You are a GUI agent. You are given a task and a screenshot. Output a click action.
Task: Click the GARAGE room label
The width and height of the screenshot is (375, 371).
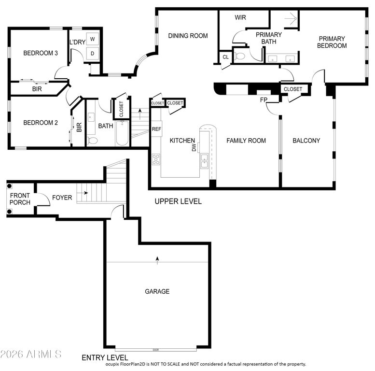pyautogui.click(x=157, y=291)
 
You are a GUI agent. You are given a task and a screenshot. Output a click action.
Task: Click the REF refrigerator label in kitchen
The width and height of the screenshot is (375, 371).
pyautogui.click(x=156, y=129)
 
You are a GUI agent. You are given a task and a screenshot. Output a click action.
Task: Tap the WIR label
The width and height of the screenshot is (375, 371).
pyautogui.click(x=240, y=17)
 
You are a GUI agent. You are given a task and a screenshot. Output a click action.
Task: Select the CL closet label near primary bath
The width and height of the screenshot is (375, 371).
pyautogui.click(x=225, y=57)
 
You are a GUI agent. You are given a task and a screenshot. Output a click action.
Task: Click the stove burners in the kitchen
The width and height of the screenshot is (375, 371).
pyautogui.click(x=156, y=159)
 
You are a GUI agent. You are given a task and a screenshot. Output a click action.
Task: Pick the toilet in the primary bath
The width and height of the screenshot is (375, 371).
pyautogui.click(x=240, y=57)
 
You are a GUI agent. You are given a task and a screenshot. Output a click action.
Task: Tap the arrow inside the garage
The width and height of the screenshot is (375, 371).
pyautogui.click(x=157, y=260)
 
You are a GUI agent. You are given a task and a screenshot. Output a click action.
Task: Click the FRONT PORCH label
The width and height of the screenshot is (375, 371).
pyautogui.click(x=20, y=199)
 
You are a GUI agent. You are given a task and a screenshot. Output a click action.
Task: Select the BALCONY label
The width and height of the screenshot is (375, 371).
pyautogui.click(x=306, y=141)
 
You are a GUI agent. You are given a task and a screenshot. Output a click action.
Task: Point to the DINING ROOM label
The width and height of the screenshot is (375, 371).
pyautogui.click(x=188, y=36)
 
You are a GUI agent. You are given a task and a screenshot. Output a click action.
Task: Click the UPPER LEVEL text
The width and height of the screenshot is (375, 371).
pyautogui.click(x=178, y=201)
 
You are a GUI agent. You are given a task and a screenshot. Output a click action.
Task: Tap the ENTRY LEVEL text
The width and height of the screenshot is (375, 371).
pyautogui.click(x=105, y=357)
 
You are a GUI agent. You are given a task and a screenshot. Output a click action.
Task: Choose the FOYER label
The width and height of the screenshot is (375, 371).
pyautogui.click(x=62, y=198)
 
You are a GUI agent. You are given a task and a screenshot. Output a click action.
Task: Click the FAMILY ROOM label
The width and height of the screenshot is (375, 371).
pyautogui.click(x=246, y=141)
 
